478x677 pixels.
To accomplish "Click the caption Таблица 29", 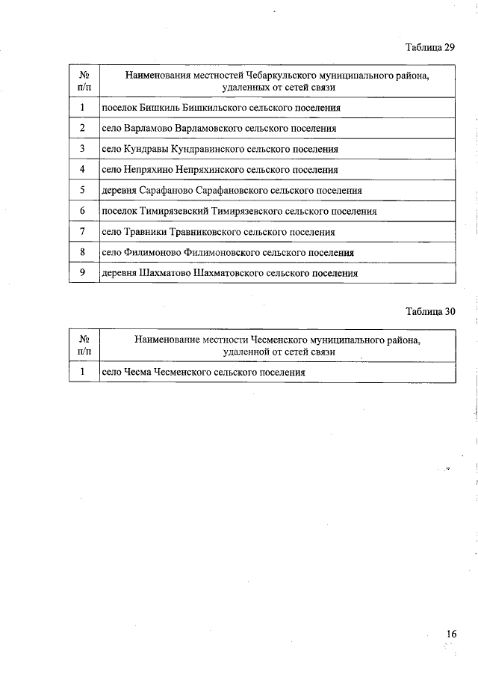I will click(x=430, y=47).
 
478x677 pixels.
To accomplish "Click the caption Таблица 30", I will click(x=430, y=311).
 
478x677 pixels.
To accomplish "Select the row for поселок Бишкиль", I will click(x=221, y=108).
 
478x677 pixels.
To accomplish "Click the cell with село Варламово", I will click(x=219, y=129).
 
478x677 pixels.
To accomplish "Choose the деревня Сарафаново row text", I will click(x=232, y=191).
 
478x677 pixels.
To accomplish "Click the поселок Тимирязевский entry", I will click(x=239, y=212).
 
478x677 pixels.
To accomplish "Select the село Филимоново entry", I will click(x=228, y=253).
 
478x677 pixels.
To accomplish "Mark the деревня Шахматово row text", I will click(x=229, y=274).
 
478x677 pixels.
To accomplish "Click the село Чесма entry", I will click(x=204, y=372).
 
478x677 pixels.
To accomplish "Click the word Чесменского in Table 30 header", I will click(x=285, y=340).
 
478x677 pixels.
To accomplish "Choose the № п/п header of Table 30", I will click(x=84, y=345).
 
